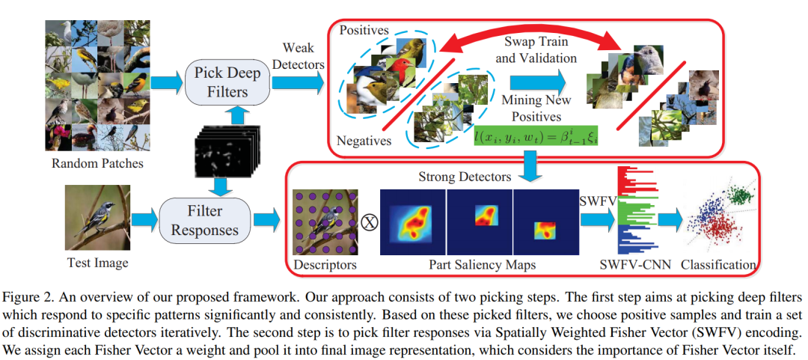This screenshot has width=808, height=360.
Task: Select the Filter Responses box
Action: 204,219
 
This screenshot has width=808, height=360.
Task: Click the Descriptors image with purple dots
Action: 324,222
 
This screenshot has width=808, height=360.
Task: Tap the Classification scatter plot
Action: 719,222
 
